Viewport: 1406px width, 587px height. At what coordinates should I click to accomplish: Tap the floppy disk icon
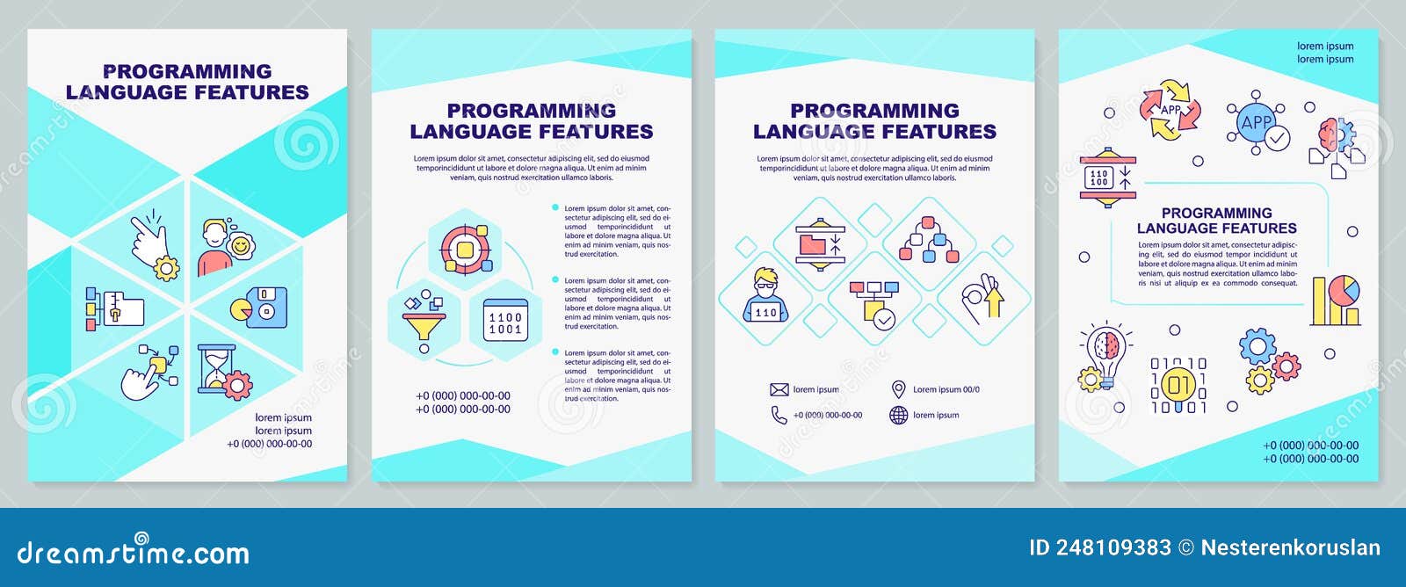(x=259, y=308)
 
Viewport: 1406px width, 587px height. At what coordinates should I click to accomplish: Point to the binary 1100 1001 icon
(x=505, y=322)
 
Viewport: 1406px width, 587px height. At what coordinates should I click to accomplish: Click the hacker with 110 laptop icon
(x=765, y=295)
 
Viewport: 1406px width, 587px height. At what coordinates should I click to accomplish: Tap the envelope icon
(x=779, y=389)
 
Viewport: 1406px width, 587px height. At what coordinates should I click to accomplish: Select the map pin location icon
(x=898, y=389)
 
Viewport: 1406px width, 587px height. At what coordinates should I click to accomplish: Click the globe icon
(x=898, y=415)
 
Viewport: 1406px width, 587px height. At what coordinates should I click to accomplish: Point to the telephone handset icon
(x=779, y=415)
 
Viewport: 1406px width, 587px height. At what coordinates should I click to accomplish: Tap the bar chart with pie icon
(x=1335, y=301)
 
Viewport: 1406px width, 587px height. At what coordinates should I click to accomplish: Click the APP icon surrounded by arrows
(x=1170, y=110)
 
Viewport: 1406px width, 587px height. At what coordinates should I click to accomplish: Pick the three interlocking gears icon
(x=1268, y=359)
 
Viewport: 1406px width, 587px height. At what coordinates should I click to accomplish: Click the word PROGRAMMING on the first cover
(x=187, y=71)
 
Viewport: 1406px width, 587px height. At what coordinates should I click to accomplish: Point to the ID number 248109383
(x=1113, y=547)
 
